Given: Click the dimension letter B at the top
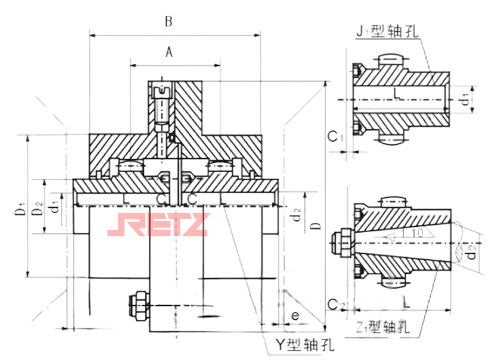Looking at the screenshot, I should point(169,21).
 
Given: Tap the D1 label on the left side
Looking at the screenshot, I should point(19,212).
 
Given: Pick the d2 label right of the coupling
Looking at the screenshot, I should point(296,213).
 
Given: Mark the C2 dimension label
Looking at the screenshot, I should point(335,301).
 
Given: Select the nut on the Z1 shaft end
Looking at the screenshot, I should point(345,242).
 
